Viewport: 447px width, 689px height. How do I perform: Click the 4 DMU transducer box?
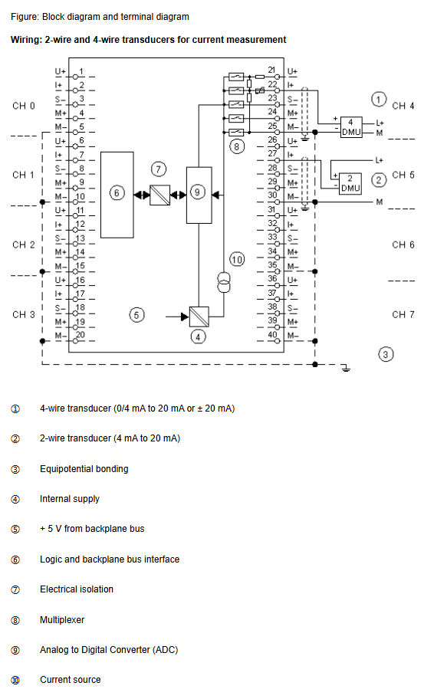(351, 127)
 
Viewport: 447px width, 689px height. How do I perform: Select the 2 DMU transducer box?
(350, 183)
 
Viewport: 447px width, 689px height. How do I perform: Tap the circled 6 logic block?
(117, 195)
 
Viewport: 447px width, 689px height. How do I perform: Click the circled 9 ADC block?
(199, 195)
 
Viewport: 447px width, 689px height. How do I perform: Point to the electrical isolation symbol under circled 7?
(160, 195)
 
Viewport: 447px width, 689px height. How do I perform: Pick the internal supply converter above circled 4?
(199, 317)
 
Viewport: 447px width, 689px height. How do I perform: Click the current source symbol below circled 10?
(224, 282)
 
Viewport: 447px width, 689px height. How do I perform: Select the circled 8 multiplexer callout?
(236, 146)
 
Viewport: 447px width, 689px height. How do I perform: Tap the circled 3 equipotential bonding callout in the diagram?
(386, 354)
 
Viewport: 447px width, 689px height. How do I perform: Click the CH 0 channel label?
(24, 106)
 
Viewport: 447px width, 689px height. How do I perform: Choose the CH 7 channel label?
(403, 315)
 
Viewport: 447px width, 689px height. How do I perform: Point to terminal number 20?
(80, 335)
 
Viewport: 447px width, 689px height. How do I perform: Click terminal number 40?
(272, 334)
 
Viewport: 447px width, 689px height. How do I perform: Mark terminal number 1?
(81, 71)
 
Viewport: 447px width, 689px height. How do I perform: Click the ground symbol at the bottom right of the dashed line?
(347, 368)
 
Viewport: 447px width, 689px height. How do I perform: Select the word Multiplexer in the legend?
(62, 619)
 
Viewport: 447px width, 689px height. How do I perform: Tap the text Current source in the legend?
(71, 679)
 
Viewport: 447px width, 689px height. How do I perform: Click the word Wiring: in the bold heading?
(26, 40)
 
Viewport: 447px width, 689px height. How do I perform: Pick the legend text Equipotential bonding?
(84, 469)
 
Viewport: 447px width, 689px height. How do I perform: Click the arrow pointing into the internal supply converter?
(177, 317)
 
